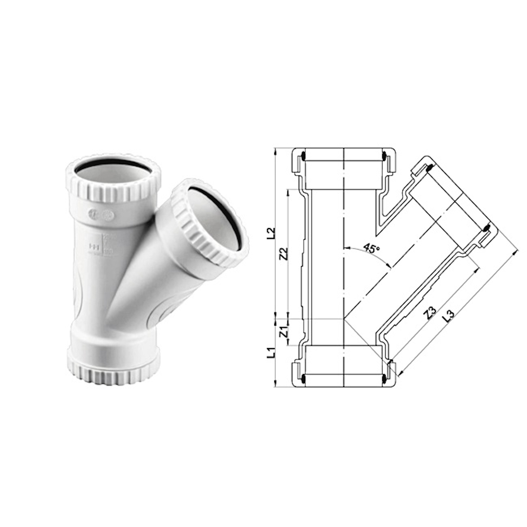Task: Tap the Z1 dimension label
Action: [285, 332]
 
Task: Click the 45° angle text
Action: [372, 248]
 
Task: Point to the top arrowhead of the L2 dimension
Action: [276, 150]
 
